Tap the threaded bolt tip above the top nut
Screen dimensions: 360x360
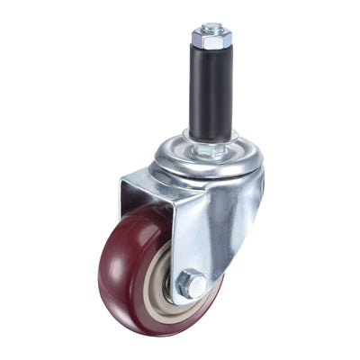coord(211,28)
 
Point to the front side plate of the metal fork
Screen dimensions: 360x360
coord(207,234)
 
